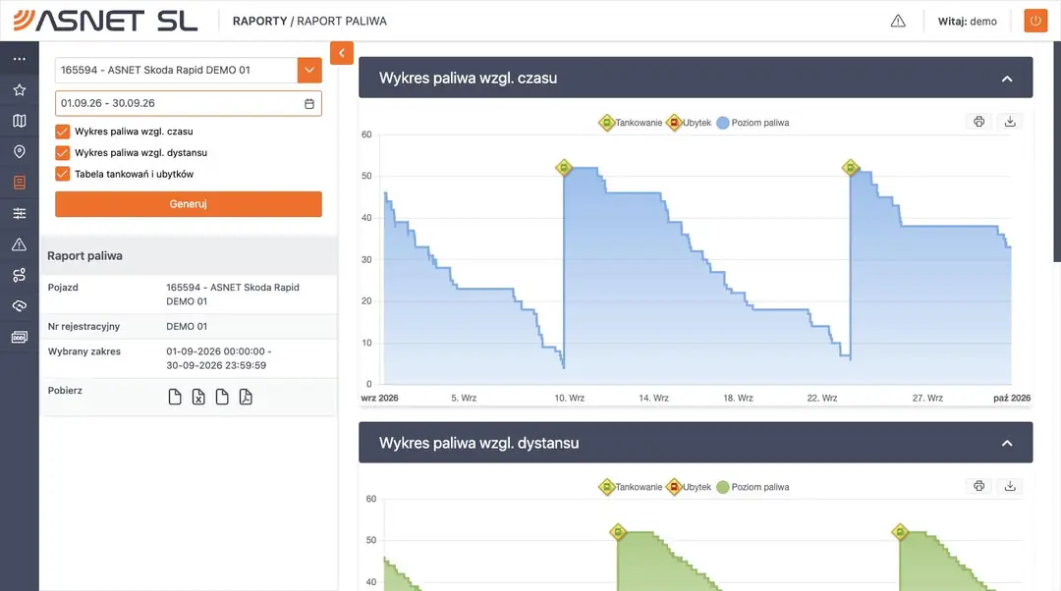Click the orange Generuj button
coord(188,204)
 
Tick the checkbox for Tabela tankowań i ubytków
coord(62,174)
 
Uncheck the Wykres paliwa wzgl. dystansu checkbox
coord(62,153)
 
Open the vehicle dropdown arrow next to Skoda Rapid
coord(309,70)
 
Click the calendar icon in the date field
coord(309,103)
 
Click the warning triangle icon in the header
coord(898,21)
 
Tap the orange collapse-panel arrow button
coord(342,53)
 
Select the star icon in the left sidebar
coord(20,90)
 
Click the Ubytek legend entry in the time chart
coord(689,123)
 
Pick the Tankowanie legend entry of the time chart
coord(631,123)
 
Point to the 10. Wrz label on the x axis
coord(570,399)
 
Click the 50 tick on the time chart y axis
coord(366,176)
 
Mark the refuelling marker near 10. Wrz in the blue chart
coord(564,168)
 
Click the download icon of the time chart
coord(1010,122)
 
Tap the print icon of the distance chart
coord(979,486)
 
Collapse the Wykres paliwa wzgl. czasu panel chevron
coord(1007,79)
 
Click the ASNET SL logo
coord(105,21)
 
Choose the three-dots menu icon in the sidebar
coord(20,59)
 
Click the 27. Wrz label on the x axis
coord(927,399)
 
